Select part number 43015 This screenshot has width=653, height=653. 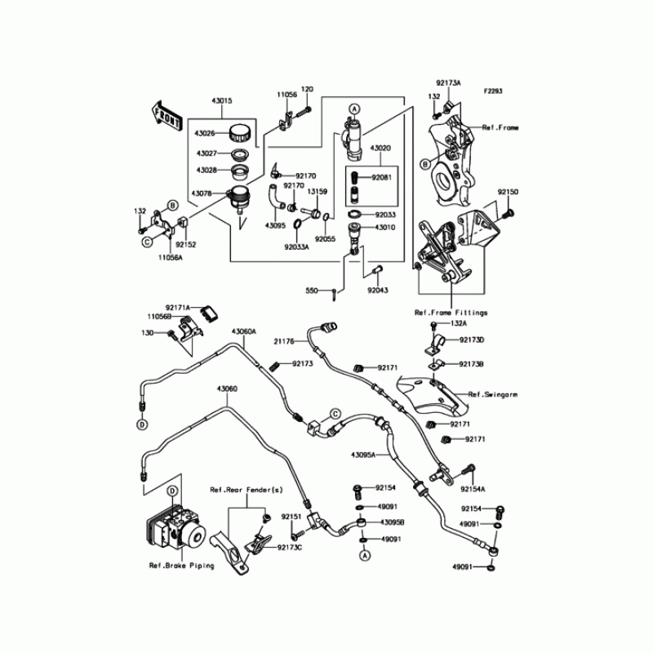click(222, 101)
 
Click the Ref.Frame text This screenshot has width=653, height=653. click(500, 128)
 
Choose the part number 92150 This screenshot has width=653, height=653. click(508, 191)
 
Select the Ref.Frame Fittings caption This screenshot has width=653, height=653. click(450, 313)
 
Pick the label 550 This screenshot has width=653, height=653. click(313, 291)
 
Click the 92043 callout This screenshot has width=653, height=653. click(377, 291)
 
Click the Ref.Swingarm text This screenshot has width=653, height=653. click(494, 393)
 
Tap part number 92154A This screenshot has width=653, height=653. click(472, 489)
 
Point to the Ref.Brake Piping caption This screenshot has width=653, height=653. click(181, 565)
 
